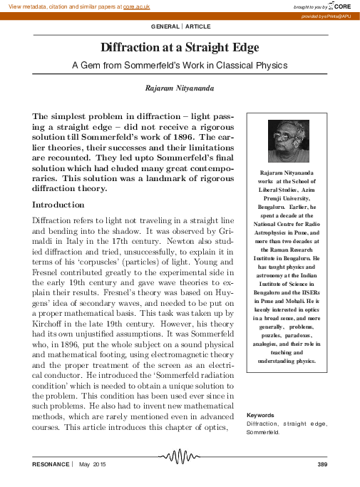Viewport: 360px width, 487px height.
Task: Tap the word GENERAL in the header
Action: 165,26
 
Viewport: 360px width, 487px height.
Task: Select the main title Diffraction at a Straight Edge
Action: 180,48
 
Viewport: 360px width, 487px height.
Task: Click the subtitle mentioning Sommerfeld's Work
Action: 180,65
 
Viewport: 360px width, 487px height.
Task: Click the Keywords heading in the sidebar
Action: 262,415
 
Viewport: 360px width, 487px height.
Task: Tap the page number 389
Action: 321,464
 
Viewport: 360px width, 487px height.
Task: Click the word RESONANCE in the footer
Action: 51,464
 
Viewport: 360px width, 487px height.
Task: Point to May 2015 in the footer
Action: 92,464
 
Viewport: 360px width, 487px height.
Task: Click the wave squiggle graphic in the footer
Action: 180,456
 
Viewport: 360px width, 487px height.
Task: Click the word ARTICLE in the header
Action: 198,26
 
